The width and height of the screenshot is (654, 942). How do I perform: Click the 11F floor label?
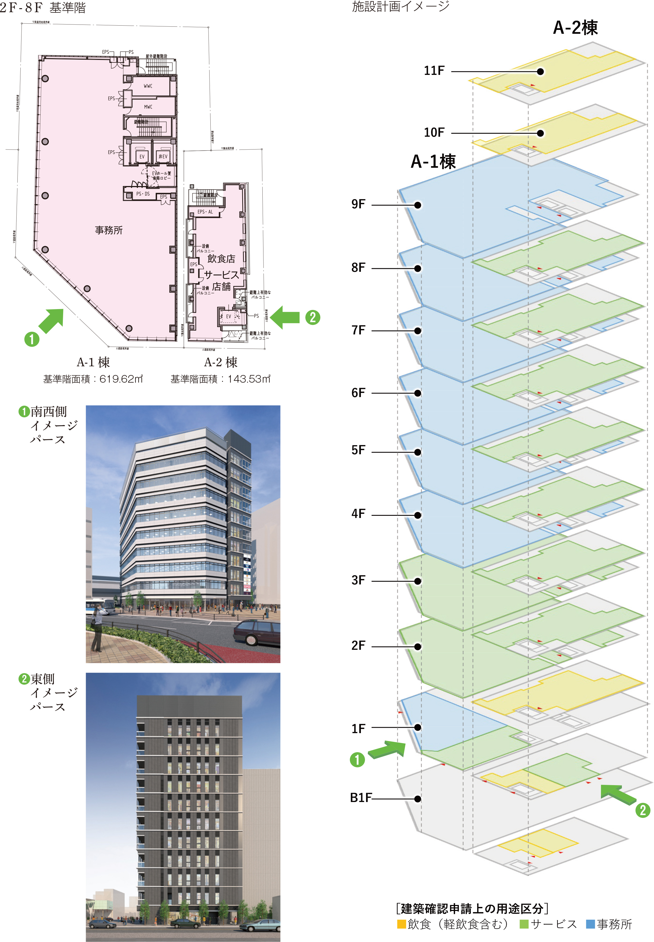(x=434, y=71)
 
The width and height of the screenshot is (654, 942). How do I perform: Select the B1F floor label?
(x=361, y=797)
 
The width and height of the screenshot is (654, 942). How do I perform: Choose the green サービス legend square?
(x=524, y=924)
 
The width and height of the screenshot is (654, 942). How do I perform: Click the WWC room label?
(x=148, y=86)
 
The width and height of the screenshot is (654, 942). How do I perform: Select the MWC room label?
(x=148, y=106)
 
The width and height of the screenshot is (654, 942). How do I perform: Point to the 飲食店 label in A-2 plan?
(x=221, y=259)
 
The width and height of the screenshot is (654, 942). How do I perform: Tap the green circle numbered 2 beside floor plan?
(x=313, y=317)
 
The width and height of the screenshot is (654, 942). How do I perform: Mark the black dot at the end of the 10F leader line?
(x=540, y=133)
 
